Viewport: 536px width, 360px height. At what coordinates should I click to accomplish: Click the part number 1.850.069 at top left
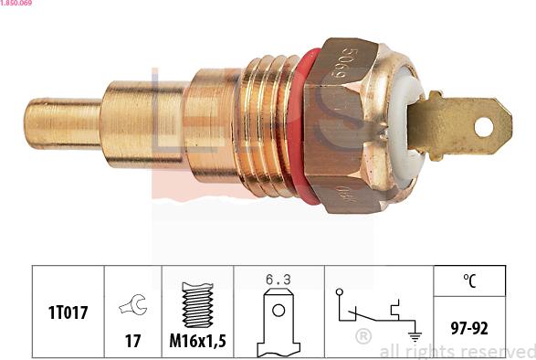(17, 5)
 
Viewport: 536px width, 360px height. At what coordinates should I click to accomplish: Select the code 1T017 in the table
(68, 312)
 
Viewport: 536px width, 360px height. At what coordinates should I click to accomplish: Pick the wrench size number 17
(132, 341)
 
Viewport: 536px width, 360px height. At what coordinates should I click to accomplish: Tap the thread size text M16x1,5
(197, 341)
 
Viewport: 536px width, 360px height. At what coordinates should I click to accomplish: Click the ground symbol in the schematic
(415, 336)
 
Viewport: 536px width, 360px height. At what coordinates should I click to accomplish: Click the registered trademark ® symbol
(363, 335)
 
